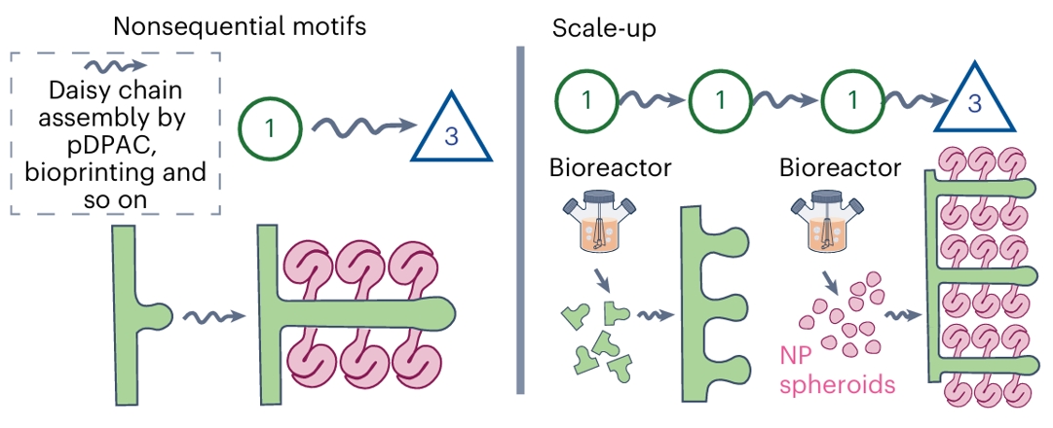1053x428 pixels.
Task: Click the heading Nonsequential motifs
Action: [240, 26]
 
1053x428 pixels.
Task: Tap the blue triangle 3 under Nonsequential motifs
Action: [450, 132]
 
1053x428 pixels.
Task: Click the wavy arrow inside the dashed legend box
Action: [115, 68]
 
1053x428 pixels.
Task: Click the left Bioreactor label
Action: [611, 167]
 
